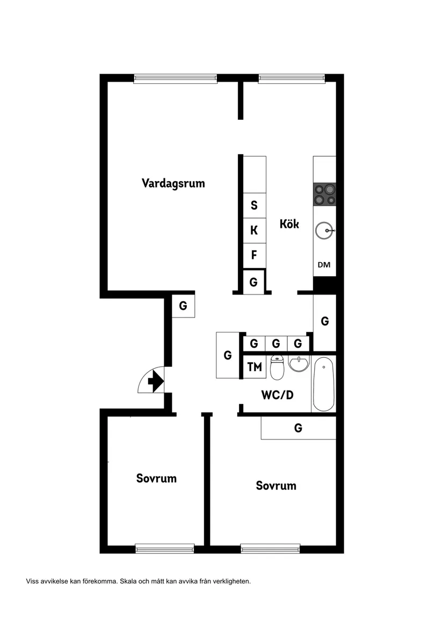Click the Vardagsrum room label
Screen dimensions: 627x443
[173, 183]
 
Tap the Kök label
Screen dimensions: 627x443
[289, 224]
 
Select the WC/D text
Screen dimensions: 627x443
[277, 395]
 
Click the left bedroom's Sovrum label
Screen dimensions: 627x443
[156, 478]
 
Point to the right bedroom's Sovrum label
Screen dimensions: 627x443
[276, 486]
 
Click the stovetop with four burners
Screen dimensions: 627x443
[325, 194]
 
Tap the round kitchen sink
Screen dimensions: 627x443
[324, 232]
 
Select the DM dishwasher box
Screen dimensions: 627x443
[324, 264]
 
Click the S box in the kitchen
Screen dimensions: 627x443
[254, 205]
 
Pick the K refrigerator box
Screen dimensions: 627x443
[254, 231]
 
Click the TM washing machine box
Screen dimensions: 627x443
[255, 367]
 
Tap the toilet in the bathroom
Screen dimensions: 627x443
[277, 367]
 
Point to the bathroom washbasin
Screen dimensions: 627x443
[299, 364]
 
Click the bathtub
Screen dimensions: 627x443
[324, 384]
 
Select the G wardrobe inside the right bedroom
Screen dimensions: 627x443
[299, 428]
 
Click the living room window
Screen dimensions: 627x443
[175, 78]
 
